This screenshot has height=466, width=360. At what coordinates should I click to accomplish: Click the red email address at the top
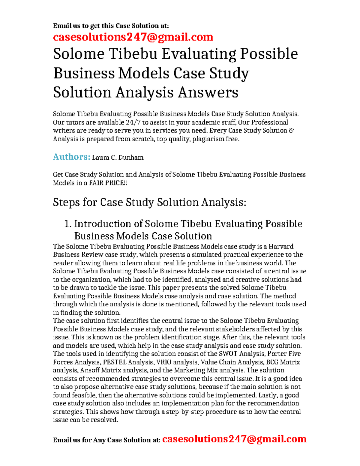click(133, 37)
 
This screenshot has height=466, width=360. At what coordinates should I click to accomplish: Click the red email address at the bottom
click(234, 439)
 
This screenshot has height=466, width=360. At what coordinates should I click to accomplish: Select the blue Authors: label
click(71, 157)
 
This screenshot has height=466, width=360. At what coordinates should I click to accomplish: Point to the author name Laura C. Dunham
click(118, 158)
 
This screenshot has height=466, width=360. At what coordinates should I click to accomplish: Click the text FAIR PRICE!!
click(108, 183)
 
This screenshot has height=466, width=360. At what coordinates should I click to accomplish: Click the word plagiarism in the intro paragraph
click(208, 139)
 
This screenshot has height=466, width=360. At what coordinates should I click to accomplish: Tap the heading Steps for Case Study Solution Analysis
click(149, 202)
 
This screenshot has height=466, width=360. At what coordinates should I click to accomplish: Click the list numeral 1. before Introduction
click(68, 224)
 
